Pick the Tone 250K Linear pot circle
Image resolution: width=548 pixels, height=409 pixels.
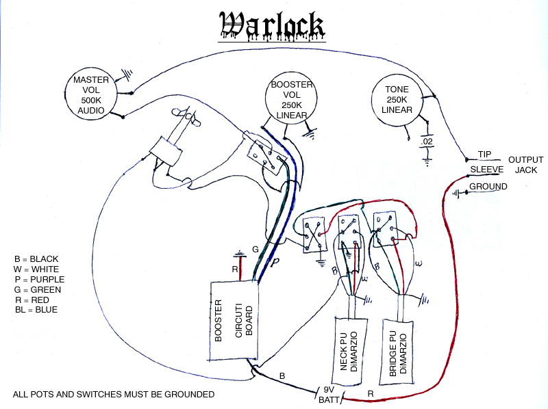397,100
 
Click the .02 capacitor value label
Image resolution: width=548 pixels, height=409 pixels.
427,141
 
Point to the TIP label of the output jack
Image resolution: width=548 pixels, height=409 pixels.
485,154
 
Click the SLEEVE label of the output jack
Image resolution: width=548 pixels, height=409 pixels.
486,169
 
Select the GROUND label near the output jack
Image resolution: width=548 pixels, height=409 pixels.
488,187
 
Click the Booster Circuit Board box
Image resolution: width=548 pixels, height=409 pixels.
234,321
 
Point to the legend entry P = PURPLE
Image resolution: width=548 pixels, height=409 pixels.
39,280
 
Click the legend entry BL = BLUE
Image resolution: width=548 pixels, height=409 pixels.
36,310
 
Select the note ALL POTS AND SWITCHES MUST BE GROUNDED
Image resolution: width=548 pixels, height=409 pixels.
114,395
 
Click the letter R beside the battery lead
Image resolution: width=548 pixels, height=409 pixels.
371,394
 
